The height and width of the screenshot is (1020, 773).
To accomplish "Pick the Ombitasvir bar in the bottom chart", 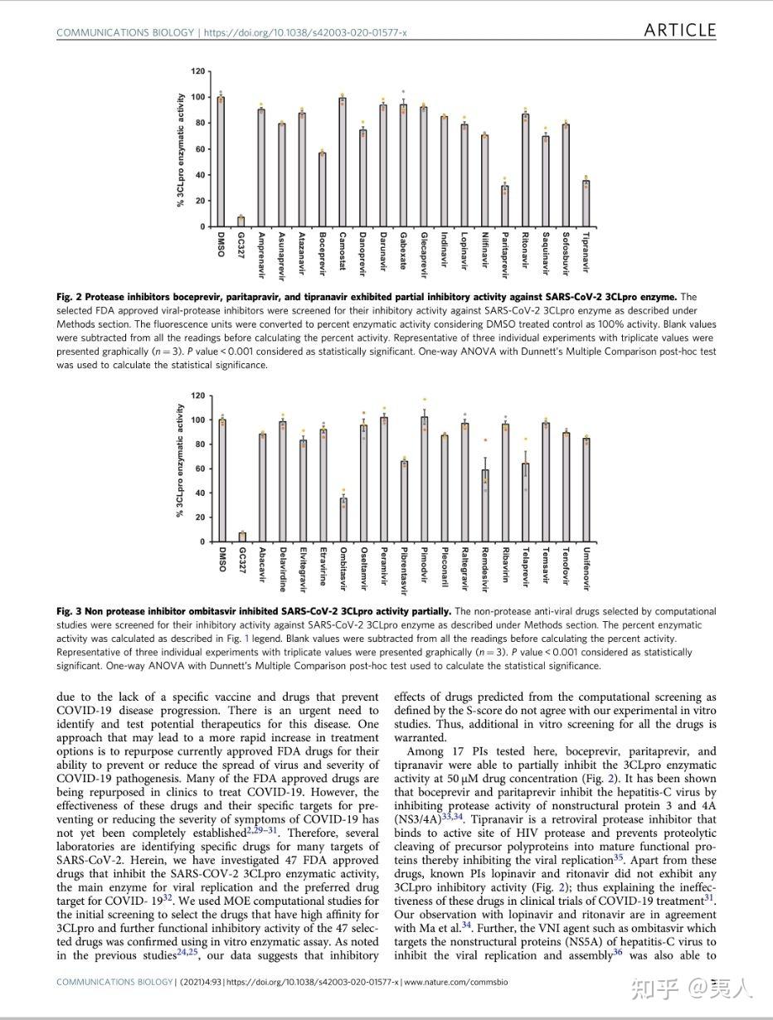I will (x=343, y=519).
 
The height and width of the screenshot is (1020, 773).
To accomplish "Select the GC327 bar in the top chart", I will (x=241, y=221).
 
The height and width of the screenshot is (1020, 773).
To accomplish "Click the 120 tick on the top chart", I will (x=197, y=71).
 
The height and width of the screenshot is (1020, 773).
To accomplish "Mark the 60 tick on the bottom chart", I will (x=199, y=469).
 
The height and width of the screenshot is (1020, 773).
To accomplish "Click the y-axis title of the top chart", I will (x=181, y=149).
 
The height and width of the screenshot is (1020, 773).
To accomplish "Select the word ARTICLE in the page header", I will (x=679, y=31).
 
